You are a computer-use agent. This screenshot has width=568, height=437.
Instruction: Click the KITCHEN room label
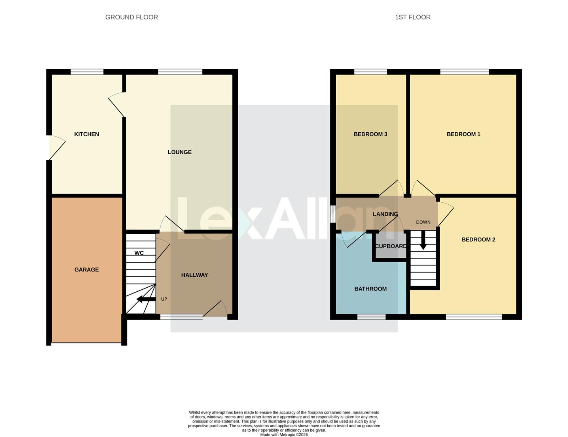(87, 134)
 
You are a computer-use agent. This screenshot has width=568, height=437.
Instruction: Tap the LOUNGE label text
(180, 152)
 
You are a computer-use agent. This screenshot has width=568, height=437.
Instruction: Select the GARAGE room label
(87, 270)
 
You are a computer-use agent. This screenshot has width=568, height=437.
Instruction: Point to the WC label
(139, 253)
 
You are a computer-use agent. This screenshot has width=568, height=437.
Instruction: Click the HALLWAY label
(195, 275)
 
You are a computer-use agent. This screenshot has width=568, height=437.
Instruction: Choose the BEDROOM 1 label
(463, 134)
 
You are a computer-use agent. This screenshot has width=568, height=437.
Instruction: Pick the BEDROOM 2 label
(478, 240)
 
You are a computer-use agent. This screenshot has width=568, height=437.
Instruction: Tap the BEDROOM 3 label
(370, 134)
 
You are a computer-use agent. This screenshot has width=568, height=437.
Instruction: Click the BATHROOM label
(370, 289)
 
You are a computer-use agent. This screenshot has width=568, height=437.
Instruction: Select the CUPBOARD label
(391, 246)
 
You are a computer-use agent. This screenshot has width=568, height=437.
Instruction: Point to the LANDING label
(385, 214)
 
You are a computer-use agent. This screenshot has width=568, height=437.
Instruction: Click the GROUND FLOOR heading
(131, 17)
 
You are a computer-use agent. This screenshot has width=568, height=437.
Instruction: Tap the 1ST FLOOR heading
(413, 17)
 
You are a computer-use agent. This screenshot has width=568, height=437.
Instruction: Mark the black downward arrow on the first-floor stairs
(423, 242)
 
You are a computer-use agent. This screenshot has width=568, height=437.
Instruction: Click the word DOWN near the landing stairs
(423, 222)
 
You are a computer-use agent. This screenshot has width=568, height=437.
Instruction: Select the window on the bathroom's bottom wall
(371, 317)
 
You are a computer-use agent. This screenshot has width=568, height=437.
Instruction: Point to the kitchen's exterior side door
(56, 148)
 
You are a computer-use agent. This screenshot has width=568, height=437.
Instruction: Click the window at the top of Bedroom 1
(464, 72)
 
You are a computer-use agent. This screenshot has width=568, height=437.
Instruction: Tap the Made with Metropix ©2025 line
(284, 435)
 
